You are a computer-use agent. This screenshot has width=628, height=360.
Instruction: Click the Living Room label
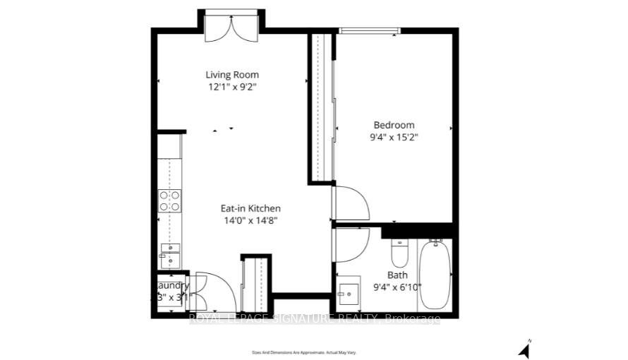232,75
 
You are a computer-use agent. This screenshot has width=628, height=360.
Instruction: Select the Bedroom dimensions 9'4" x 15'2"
394,137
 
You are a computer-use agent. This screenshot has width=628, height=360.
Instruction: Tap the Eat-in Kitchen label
250,208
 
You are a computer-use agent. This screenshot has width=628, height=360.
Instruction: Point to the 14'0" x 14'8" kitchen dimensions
250,220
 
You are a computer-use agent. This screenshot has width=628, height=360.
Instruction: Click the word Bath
397,275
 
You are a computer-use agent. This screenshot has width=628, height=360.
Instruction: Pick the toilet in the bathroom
400,252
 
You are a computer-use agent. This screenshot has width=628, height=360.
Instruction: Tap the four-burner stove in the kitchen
169,201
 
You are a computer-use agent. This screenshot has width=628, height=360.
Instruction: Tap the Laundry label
172,285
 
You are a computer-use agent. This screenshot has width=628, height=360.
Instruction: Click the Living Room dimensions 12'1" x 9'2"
232,88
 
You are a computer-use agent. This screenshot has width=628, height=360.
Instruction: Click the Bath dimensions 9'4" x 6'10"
397,287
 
